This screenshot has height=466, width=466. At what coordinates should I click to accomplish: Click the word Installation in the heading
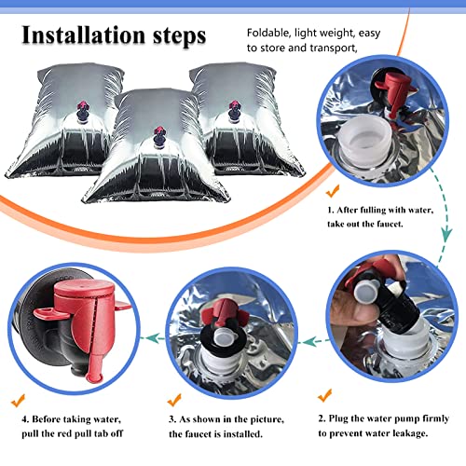click(84, 35)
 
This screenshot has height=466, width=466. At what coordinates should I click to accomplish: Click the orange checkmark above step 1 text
click(333, 190)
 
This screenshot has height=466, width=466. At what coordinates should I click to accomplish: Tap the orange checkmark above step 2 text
click(325, 395)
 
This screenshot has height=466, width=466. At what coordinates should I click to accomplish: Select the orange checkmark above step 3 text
click(174, 400)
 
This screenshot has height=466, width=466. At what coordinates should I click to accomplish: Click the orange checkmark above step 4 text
click(18, 401)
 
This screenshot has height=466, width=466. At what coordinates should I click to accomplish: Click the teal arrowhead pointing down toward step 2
click(446, 235)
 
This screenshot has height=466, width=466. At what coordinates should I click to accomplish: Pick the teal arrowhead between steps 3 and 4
click(151, 337)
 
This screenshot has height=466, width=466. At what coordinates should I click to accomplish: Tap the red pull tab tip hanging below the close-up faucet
click(93, 377)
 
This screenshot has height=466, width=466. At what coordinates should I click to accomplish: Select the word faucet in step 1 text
click(390, 224)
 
